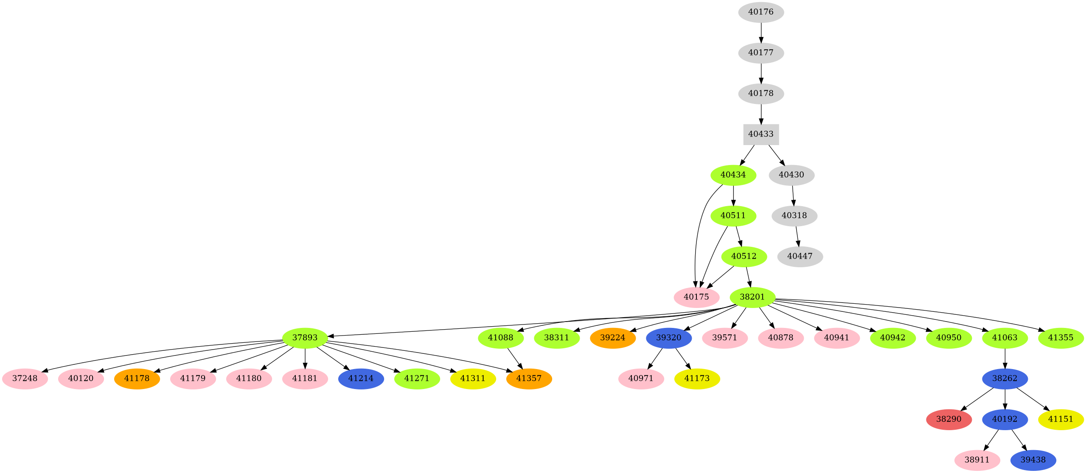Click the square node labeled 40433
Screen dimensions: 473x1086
pyautogui.click(x=761, y=134)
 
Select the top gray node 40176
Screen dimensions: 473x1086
pyautogui.click(x=761, y=12)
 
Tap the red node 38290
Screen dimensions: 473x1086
pyautogui.click(x=949, y=419)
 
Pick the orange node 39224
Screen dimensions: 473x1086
pyautogui.click(x=613, y=338)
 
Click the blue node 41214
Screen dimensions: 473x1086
pyautogui.click(x=361, y=378)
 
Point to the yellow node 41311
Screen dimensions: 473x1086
pyautogui.click(x=473, y=378)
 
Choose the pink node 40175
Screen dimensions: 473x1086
pyautogui.click(x=696, y=297)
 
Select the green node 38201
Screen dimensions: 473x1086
pyautogui.click(x=752, y=297)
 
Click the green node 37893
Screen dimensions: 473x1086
pyautogui.click(x=305, y=338)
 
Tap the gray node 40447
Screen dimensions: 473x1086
pyautogui.click(x=800, y=256)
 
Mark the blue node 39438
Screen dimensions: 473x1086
pyautogui.click(x=1033, y=460)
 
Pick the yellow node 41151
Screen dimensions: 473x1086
pyautogui.click(x=1061, y=419)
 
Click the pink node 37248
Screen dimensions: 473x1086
pyautogui.click(x=25, y=378)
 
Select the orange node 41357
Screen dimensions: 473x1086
pyautogui.click(x=529, y=378)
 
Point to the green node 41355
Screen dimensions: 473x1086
pyautogui.click(x=1061, y=338)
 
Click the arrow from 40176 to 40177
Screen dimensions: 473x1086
pyautogui.click(x=761, y=32)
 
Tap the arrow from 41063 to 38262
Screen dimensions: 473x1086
pyautogui.click(x=1005, y=358)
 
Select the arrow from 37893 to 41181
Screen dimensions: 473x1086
pyautogui.click(x=305, y=358)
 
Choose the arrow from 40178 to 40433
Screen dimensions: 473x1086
pyautogui.click(x=761, y=114)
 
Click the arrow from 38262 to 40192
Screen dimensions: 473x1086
pyautogui.click(x=1005, y=399)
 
